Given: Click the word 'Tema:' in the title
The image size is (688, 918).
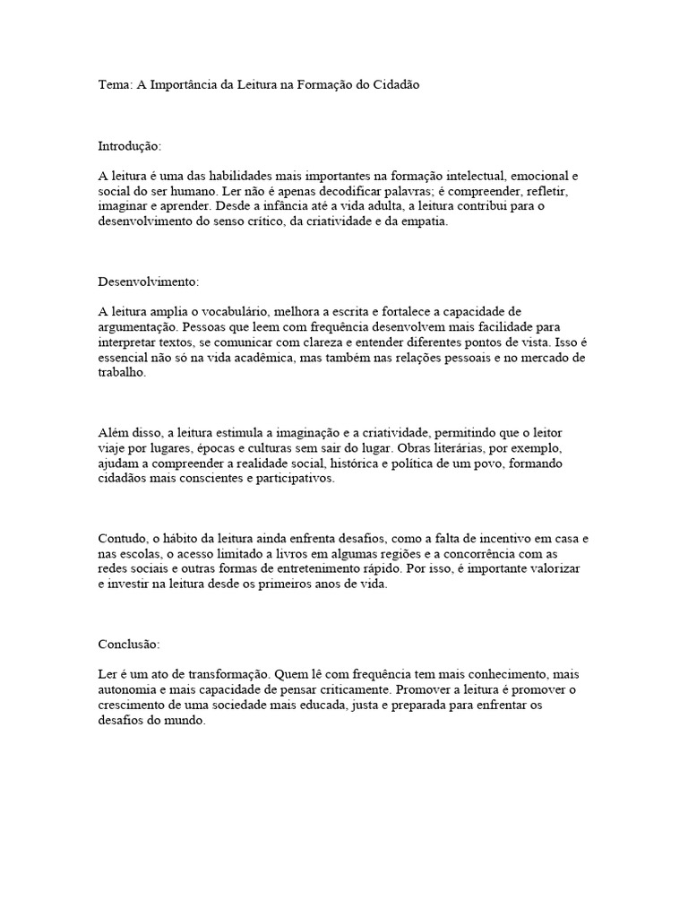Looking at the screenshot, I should tap(115, 84).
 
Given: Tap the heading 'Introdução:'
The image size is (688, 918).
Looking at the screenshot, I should tap(129, 144).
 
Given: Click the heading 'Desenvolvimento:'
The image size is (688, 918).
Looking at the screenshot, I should tap(148, 281).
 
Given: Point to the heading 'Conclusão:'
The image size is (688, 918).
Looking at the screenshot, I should tap(128, 644).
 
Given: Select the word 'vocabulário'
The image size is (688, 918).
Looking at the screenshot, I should tap(225, 311).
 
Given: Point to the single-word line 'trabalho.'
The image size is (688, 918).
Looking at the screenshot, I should tap(121, 373).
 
